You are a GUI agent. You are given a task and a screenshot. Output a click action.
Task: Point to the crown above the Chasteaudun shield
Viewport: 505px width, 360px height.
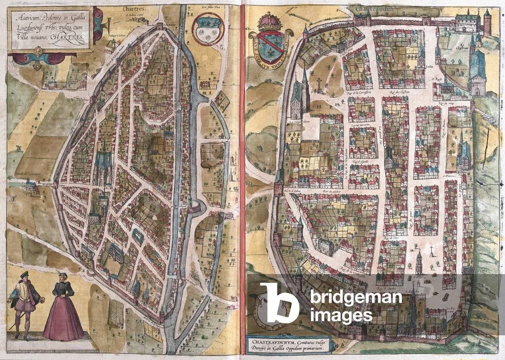pyautogui.click(x=270, y=22)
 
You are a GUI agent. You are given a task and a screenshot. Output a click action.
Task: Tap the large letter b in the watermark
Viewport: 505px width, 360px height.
pyautogui.click(x=279, y=303)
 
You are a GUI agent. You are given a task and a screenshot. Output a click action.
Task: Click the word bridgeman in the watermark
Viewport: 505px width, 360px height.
pyautogui.click(x=356, y=297)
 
